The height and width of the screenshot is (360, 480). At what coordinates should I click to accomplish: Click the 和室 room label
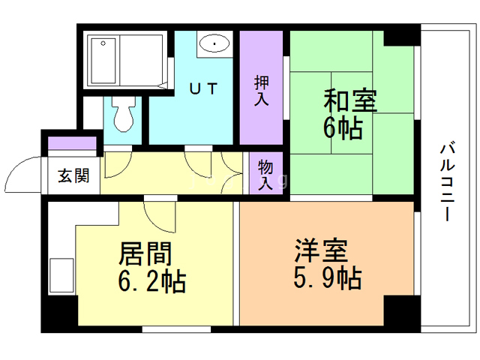(x=349, y=100)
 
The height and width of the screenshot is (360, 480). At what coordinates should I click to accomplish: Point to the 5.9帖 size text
(x=327, y=279)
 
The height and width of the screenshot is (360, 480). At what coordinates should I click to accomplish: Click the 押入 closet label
(x=261, y=89)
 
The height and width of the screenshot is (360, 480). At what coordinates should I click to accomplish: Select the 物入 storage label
(x=265, y=173)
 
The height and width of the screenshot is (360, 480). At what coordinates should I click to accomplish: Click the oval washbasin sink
(x=216, y=44)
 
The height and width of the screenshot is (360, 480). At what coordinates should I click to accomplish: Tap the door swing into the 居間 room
(x=158, y=217)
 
